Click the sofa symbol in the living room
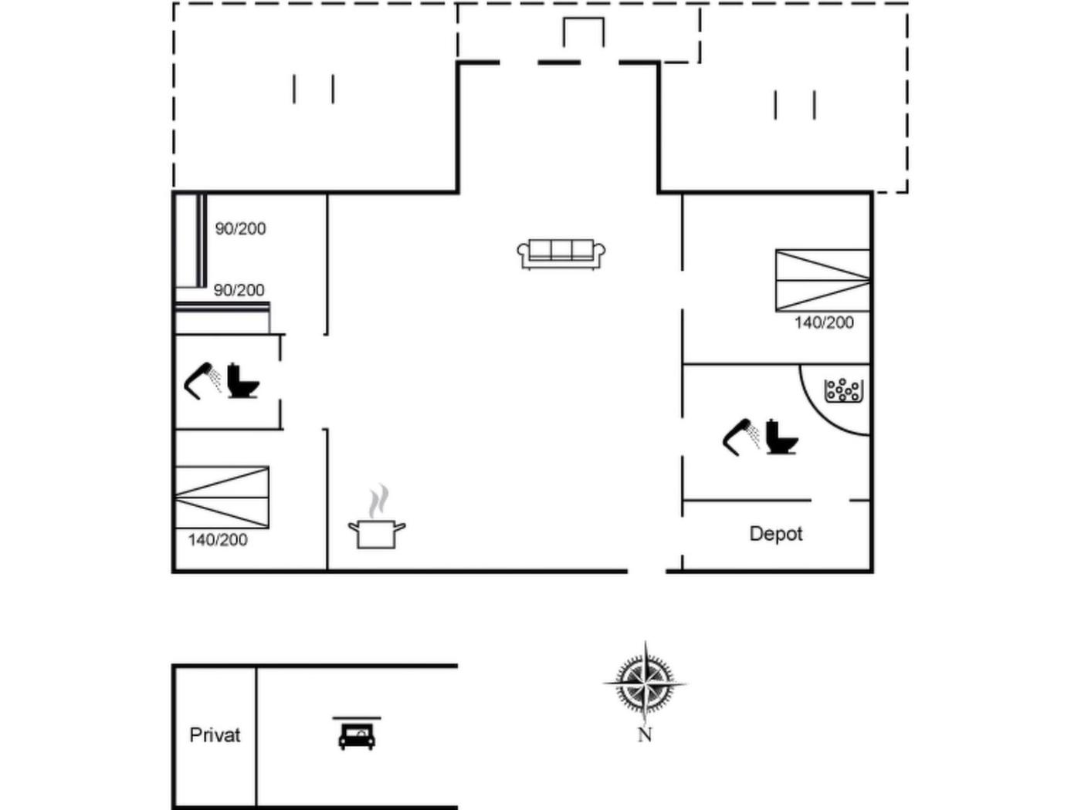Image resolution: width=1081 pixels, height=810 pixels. pyautogui.click(x=561, y=254)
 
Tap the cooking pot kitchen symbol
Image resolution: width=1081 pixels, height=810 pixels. pyautogui.click(x=377, y=533)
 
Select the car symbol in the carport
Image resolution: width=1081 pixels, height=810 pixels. pyautogui.click(x=357, y=734)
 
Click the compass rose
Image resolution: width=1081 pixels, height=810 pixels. pyautogui.click(x=646, y=683)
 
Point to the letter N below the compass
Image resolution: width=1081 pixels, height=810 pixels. pyautogui.click(x=645, y=735)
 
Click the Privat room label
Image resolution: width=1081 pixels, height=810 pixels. pyautogui.click(x=215, y=735)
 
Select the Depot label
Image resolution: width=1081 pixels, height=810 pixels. pyautogui.click(x=776, y=534)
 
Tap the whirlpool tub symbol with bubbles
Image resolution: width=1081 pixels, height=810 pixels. pyautogui.click(x=843, y=390)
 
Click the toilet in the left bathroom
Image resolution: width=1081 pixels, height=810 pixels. pyautogui.click(x=244, y=380)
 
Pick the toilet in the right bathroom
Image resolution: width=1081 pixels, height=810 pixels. pyautogui.click(x=781, y=437)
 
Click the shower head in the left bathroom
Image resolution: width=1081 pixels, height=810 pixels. pyautogui.click(x=202, y=379)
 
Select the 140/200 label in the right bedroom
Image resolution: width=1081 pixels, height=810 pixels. pyautogui.click(x=824, y=323)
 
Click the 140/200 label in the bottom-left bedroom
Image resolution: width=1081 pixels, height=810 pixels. pyautogui.click(x=218, y=540)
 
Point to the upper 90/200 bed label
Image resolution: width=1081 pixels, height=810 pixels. pyautogui.click(x=240, y=229)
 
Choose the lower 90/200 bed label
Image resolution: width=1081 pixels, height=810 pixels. pyautogui.click(x=239, y=291)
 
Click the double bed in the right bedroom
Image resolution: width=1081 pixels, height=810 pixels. pyautogui.click(x=823, y=280)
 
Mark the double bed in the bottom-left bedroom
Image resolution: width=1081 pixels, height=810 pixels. pyautogui.click(x=222, y=498)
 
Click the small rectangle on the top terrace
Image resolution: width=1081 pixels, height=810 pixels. pyautogui.click(x=583, y=32)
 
